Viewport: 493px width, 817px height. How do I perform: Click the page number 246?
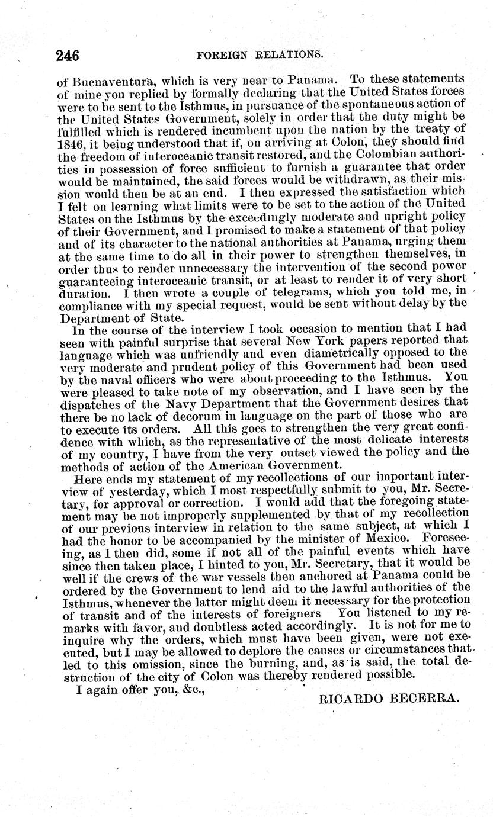(x=68, y=56)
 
